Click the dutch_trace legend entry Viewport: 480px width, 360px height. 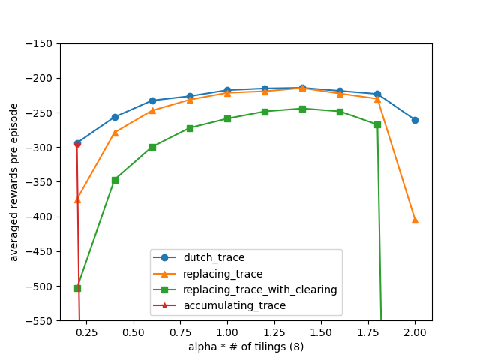click(214, 258)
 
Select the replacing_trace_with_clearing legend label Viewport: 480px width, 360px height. click(260, 289)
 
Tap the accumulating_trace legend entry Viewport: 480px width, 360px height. click(234, 305)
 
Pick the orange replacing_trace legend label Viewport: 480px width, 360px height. click(223, 274)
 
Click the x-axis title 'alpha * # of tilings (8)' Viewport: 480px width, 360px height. click(246, 346)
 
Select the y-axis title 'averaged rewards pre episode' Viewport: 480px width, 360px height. click(14, 182)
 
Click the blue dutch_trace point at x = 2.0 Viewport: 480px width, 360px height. click(415, 120)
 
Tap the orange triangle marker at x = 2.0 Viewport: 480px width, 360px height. click(415, 220)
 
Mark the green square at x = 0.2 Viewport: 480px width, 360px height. click(77, 288)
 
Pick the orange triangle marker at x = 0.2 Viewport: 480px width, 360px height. click(77, 199)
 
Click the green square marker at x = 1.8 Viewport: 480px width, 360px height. click(377, 124)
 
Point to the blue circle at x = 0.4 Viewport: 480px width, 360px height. click(115, 117)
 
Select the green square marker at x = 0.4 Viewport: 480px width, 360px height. click(115, 180)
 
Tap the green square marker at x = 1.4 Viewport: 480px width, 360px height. click(302, 109)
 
